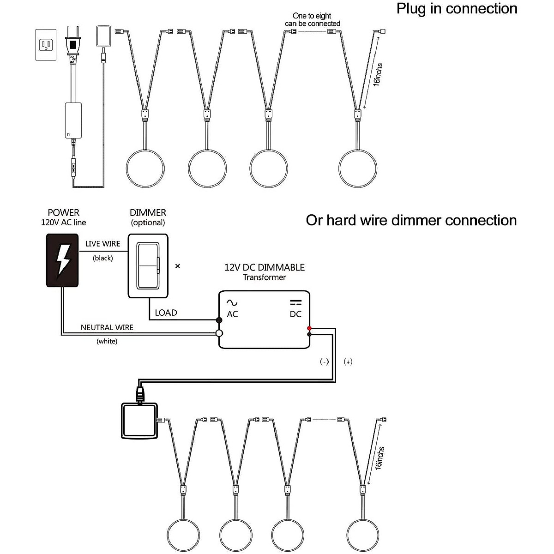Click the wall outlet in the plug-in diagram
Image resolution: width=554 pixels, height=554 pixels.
click(x=46, y=45)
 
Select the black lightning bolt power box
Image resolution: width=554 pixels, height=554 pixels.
click(x=62, y=260)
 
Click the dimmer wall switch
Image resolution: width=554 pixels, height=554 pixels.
click(x=148, y=266)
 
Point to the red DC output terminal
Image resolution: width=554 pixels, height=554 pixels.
click(x=309, y=328)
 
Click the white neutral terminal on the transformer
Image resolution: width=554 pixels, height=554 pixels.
click(x=219, y=333)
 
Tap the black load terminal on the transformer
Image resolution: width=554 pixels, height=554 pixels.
click(x=219, y=320)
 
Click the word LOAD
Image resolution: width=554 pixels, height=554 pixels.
click(x=166, y=313)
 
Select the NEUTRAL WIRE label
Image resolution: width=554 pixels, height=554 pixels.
click(x=107, y=327)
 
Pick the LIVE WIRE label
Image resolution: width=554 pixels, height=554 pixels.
click(x=102, y=244)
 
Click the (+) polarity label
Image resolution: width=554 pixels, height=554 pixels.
click(x=348, y=361)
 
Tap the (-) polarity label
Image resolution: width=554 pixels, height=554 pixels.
click(x=324, y=361)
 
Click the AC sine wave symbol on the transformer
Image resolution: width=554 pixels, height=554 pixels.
click(x=232, y=302)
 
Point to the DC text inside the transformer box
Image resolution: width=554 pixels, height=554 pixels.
click(x=295, y=314)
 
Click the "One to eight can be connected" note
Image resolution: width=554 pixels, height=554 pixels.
click(x=313, y=19)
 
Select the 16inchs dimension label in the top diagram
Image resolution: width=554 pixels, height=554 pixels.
click(x=378, y=75)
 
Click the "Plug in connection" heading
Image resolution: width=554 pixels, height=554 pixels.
click(x=457, y=8)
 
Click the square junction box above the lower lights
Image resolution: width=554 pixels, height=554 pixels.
click(x=139, y=421)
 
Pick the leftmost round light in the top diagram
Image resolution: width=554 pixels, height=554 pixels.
click(x=145, y=168)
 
